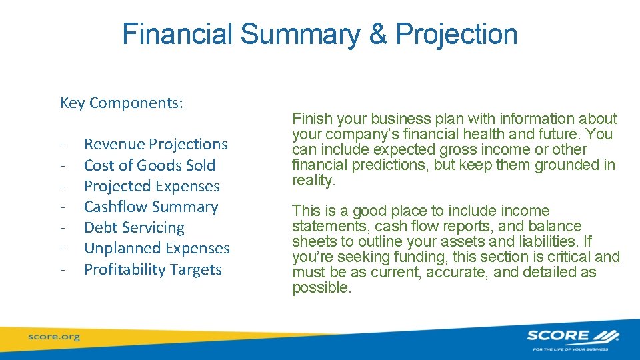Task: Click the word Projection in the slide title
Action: pyautogui.click(x=457, y=35)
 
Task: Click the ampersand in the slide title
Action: pyautogui.click(x=377, y=35)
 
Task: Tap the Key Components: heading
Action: pyautogui.click(x=122, y=103)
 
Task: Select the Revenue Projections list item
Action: pyautogui.click(x=156, y=144)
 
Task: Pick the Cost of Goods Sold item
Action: pyautogui.click(x=150, y=165)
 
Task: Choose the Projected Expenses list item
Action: pyautogui.click(x=152, y=186)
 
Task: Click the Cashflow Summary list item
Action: pyautogui.click(x=151, y=207)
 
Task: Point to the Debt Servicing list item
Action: pyautogui.click(x=134, y=227)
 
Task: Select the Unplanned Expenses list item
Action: pyautogui.click(x=157, y=249)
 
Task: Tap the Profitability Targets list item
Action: pyautogui.click(x=153, y=269)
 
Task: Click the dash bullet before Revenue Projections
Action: pyautogui.click(x=61, y=145)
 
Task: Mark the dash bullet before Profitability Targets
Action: pyautogui.click(x=61, y=270)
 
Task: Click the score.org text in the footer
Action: pyautogui.click(x=53, y=337)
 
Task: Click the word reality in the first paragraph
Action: pyautogui.click(x=313, y=180)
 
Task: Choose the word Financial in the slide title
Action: pyautogui.click(x=178, y=35)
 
